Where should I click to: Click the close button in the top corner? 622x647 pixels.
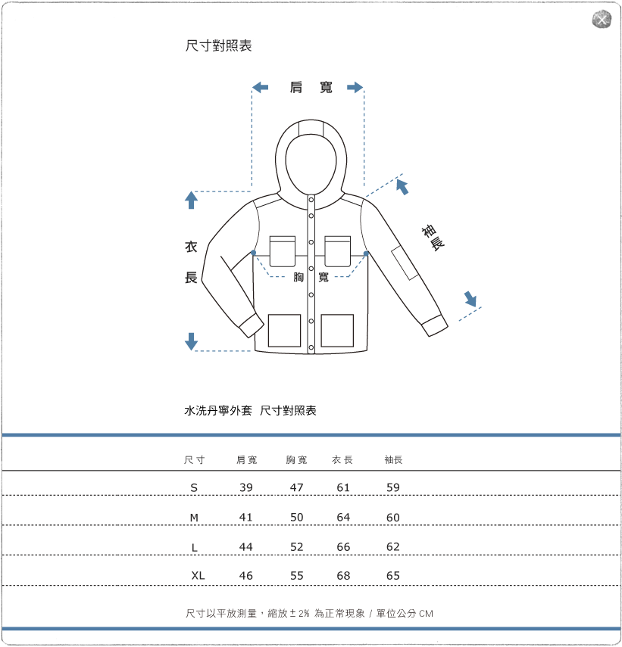pyautogui.click(x=601, y=20)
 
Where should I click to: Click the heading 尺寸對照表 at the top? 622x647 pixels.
pyautogui.click(x=218, y=46)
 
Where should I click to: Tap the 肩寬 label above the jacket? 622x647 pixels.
pyautogui.click(x=311, y=88)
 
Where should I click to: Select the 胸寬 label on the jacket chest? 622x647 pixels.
pyautogui.click(x=311, y=278)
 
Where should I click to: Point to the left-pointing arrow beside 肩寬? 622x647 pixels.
pyautogui.click(x=260, y=88)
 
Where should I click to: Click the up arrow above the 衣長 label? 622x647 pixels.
pyautogui.click(x=191, y=201)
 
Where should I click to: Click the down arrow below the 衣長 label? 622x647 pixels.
pyautogui.click(x=191, y=341)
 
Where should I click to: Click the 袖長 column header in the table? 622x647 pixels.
pyautogui.click(x=393, y=460)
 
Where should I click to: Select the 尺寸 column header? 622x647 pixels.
pyautogui.click(x=195, y=460)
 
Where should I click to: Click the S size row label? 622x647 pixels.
pyautogui.click(x=194, y=488)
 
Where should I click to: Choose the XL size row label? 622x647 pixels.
pyautogui.click(x=198, y=576)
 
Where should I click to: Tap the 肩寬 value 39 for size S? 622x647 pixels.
pyautogui.click(x=245, y=488)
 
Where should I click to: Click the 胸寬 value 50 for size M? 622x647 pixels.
pyautogui.click(x=296, y=518)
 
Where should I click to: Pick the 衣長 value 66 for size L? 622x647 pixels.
pyautogui.click(x=343, y=547)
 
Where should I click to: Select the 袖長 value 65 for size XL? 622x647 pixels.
pyautogui.click(x=392, y=576)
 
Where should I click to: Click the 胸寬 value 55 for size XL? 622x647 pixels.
pyautogui.click(x=296, y=576)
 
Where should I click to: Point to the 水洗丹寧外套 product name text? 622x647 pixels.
pyautogui.click(x=218, y=411)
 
